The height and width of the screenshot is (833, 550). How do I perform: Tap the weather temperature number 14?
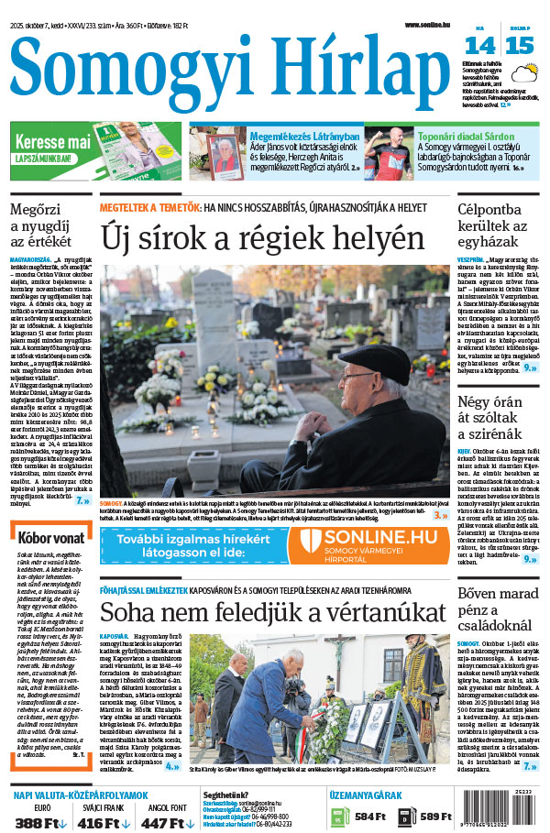(479, 46)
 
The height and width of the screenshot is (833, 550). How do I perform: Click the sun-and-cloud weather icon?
(524, 73)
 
